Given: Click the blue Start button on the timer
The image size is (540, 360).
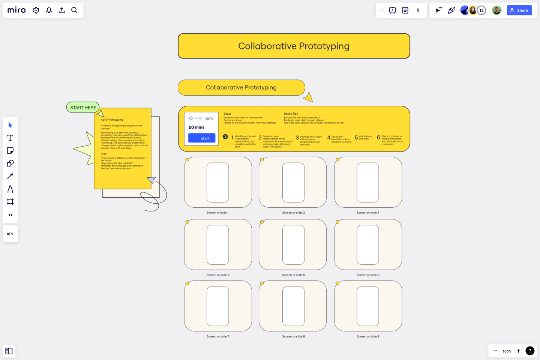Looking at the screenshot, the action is pyautogui.click(x=202, y=138).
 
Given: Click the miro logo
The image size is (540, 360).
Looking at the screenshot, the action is pyautogui.click(x=16, y=10).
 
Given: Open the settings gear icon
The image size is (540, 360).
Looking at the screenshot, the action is pyautogui.click(x=36, y=10).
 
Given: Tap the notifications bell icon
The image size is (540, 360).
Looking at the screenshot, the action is pyautogui.click(x=49, y=10).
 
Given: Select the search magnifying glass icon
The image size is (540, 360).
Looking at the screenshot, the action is pyautogui.click(x=74, y=10).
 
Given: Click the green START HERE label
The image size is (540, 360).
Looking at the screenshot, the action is pyautogui.click(x=83, y=108).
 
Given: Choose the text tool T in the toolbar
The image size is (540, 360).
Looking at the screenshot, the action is pyautogui.click(x=10, y=138).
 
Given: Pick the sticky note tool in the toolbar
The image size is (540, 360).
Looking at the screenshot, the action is pyautogui.click(x=10, y=150).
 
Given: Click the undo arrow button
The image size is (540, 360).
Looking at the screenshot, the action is pyautogui.click(x=10, y=234).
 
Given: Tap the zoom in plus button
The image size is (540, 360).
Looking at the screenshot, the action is pyautogui.click(x=518, y=351).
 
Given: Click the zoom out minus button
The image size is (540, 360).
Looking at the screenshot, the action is pyautogui.click(x=495, y=351).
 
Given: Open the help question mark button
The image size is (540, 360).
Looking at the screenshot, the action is pyautogui.click(x=530, y=351).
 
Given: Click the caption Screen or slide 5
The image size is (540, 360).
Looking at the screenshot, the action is pyautogui.click(x=293, y=275).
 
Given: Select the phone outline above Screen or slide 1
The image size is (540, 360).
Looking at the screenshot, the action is pyautogui.click(x=218, y=182).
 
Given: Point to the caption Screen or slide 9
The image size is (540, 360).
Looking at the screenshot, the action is pyautogui.click(x=368, y=336).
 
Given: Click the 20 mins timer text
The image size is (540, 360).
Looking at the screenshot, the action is pyautogui.click(x=196, y=127).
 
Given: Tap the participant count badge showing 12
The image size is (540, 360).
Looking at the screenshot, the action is pyautogui.click(x=481, y=10).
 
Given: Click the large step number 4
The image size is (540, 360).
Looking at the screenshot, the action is pyautogui.click(x=328, y=138).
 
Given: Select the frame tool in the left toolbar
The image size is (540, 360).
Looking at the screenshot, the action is pyautogui.click(x=10, y=202).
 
